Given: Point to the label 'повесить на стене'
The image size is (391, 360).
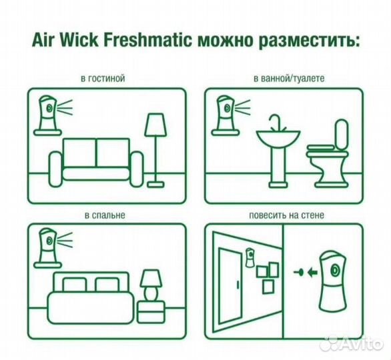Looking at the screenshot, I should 288,215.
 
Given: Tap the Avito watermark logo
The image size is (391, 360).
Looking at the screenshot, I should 350,343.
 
